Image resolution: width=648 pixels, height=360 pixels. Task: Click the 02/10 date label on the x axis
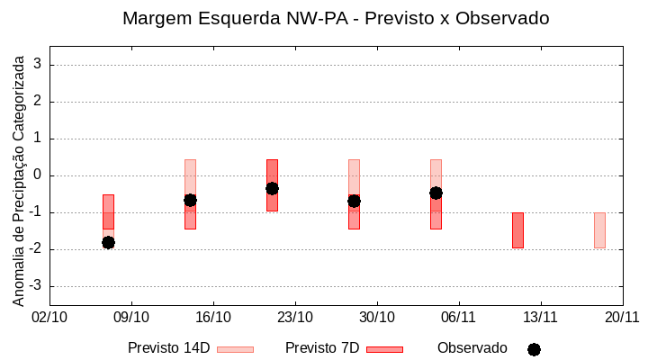(x=49, y=317)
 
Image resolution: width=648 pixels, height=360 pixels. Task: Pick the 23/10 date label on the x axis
(x=295, y=317)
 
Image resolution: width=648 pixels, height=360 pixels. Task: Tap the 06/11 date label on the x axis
(x=458, y=317)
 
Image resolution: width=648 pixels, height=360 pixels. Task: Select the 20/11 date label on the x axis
(x=622, y=317)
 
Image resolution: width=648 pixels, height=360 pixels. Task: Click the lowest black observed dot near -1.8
(x=108, y=242)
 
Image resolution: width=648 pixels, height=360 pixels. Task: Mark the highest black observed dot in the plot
(x=272, y=188)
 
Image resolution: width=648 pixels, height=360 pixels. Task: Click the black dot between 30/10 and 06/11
(x=436, y=193)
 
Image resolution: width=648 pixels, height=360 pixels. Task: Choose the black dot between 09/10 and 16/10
(x=190, y=200)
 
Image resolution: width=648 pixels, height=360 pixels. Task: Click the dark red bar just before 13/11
(x=517, y=230)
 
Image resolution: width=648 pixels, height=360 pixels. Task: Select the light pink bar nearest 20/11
(x=599, y=230)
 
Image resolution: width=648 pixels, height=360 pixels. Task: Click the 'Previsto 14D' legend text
(x=169, y=348)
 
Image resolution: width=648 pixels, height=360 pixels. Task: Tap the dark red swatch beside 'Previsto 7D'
(x=384, y=349)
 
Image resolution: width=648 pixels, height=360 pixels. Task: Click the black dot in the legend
(x=534, y=349)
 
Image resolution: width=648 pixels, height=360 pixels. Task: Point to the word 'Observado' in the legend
(x=472, y=348)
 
